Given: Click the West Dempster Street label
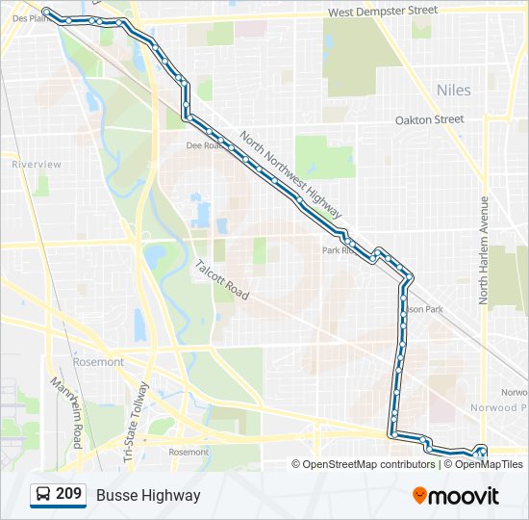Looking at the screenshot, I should pos(382,11).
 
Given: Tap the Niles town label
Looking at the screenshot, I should pos(454,90).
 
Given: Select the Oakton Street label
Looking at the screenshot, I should pos(430,120).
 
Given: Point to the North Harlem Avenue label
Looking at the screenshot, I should pos(485,251).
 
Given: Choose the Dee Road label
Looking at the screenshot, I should pos(203,146).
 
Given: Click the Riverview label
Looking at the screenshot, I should pos(37,165).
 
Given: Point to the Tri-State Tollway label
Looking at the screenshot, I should pos(136,424).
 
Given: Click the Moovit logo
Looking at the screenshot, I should pos(456,496).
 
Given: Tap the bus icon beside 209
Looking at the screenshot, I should pos(43,495).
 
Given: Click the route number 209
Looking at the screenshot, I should pos(68,495).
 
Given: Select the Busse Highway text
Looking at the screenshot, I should pos(148,495).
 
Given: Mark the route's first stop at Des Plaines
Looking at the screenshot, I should pos(46,12).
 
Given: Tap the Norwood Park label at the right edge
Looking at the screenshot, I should pos(514,407).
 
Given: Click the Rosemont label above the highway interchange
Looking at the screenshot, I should pos(98,362).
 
